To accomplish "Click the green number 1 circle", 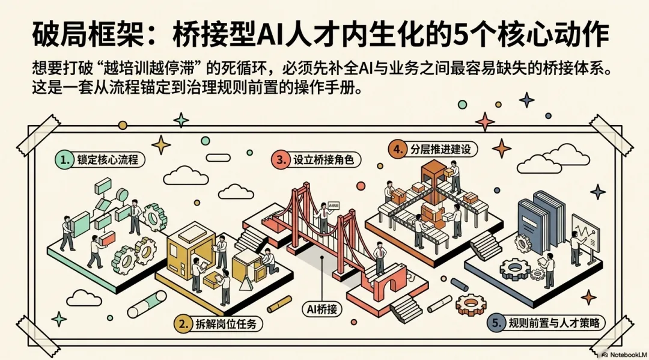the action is point(64,160).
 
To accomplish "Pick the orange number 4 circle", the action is point(396,148).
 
